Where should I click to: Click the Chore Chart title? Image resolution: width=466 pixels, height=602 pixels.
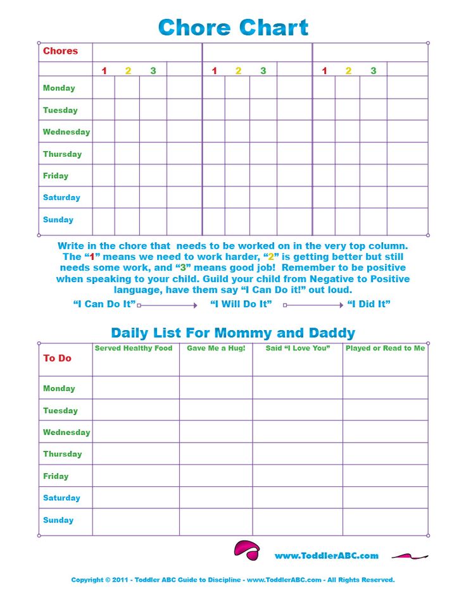(233, 28)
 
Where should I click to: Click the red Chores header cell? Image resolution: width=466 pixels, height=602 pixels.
(60, 51)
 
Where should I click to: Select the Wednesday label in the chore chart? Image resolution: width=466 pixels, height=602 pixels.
(66, 132)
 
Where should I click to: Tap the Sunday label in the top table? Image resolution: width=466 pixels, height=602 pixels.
(58, 220)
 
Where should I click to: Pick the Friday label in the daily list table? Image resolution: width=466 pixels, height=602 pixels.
(56, 476)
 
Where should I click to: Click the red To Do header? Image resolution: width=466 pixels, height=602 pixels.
(57, 359)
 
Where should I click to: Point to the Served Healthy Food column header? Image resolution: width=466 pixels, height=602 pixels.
(134, 348)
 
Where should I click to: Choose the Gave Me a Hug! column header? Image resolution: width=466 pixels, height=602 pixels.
(216, 348)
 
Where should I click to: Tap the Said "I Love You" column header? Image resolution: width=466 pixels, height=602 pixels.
(298, 348)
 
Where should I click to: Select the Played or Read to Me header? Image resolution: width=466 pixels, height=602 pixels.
(385, 348)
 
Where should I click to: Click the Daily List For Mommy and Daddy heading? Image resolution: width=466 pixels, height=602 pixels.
(233, 333)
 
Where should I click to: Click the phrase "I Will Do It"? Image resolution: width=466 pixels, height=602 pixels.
(241, 304)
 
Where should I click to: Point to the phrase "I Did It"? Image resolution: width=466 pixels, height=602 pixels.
(368, 304)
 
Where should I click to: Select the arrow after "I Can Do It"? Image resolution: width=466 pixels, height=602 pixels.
(167, 305)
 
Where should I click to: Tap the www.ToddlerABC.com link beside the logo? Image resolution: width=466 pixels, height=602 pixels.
(326, 556)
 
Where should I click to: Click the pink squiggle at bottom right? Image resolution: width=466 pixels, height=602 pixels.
(410, 556)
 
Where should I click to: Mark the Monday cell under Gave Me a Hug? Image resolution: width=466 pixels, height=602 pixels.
(216, 388)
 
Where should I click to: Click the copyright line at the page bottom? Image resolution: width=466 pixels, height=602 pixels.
(233, 580)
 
